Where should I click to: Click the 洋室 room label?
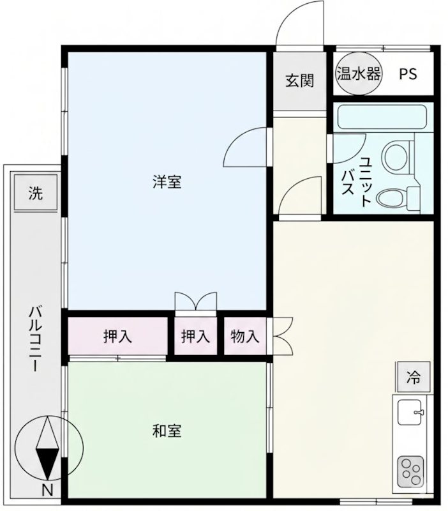[167, 182]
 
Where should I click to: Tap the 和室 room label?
[167, 431]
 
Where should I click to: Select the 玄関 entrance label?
[299, 81]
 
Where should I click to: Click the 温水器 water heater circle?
[358, 73]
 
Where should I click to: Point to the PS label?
[408, 73]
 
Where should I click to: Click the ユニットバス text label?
[358, 181]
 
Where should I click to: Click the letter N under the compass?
[47, 491]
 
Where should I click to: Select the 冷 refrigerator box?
[414, 377]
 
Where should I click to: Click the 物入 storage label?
[245, 337]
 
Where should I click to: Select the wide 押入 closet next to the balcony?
[117, 337]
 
